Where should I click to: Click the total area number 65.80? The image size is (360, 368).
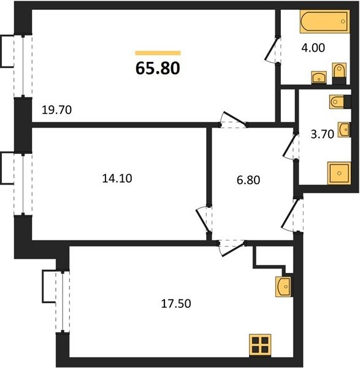click(158, 68)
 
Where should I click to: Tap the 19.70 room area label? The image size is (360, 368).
click(56, 110)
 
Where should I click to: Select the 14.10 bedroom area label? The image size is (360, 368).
click(117, 178)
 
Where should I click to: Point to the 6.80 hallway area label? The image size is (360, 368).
click(248, 180)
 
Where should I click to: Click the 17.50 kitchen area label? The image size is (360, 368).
click(176, 304)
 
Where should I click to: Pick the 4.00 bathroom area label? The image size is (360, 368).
click(313, 48)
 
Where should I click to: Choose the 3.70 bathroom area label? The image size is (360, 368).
click(322, 134)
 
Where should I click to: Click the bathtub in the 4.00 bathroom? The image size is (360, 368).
click(325, 21)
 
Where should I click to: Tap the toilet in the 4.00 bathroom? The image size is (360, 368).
click(339, 74)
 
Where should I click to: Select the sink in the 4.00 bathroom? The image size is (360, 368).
click(319, 77)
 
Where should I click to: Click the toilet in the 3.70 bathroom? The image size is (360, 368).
click(340, 102)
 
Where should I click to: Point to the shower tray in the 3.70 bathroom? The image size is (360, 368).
click(339, 173)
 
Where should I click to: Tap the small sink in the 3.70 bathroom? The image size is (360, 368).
click(343, 129)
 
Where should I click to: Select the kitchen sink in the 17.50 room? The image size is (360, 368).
click(284, 286)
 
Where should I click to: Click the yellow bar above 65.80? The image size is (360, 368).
click(158, 53)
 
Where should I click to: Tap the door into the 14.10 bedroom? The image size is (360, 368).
click(204, 220)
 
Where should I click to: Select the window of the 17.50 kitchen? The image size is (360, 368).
click(63, 302)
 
